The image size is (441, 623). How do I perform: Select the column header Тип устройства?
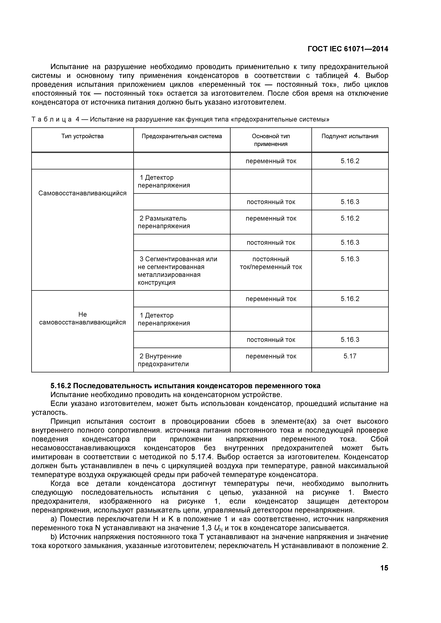(82, 136)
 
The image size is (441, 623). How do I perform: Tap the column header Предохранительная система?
(182, 136)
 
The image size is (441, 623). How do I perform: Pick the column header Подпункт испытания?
(350, 136)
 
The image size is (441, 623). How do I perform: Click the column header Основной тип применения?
(271, 140)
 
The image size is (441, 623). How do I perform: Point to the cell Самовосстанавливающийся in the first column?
(82, 193)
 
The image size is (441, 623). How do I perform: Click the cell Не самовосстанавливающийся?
(82, 318)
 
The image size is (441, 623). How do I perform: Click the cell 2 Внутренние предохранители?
(163, 360)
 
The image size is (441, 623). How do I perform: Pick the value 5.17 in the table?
(350, 356)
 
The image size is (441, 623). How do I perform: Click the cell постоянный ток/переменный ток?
(271, 263)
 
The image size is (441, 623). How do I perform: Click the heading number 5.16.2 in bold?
(61, 386)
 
